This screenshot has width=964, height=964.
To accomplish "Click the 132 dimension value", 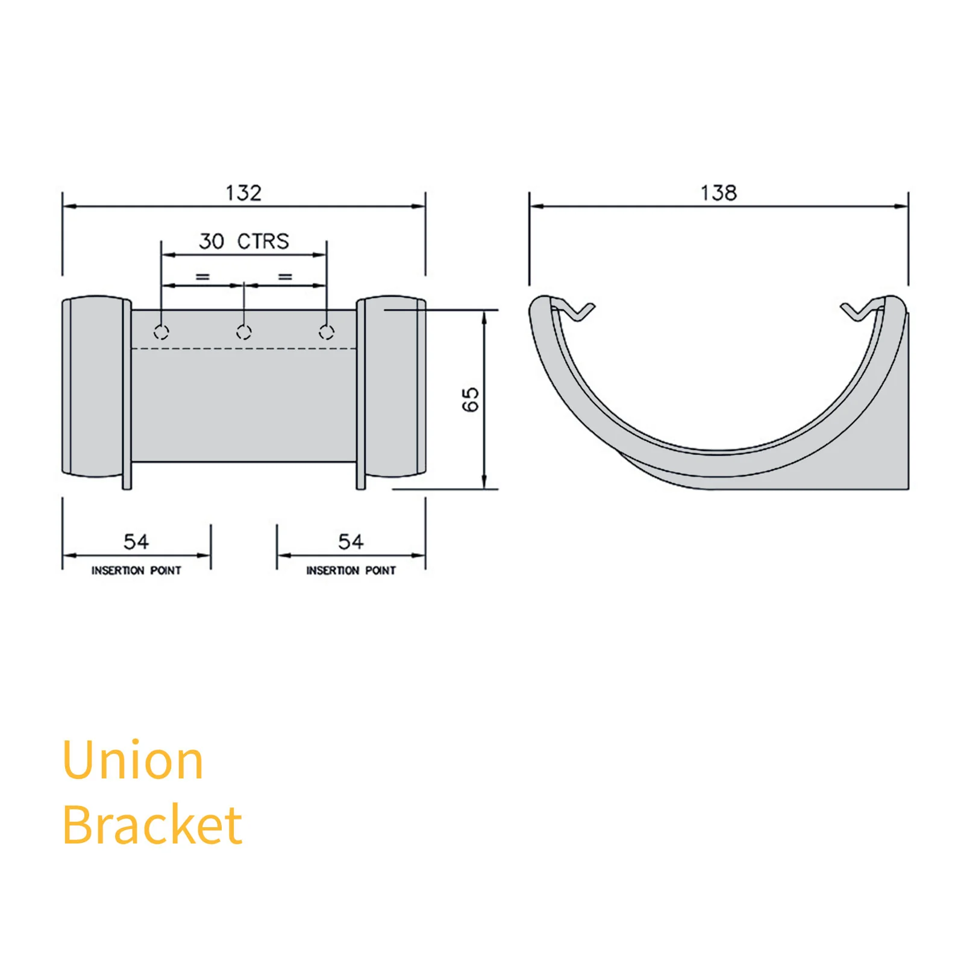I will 243,193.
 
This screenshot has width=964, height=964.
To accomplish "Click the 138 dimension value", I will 718,193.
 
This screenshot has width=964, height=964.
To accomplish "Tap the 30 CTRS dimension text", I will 244,241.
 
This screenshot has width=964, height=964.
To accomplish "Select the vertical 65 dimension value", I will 470,399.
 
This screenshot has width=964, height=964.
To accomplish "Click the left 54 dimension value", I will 136,542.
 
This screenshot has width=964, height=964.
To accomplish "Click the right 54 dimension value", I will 351,542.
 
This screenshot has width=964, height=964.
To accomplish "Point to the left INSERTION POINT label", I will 136,570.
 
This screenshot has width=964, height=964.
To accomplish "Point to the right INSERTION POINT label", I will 351,570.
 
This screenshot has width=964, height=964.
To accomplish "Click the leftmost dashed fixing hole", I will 161,332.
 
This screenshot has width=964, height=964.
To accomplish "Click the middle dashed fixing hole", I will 243,332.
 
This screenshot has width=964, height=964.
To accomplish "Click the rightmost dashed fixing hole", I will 326,332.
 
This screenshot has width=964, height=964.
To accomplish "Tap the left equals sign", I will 202,277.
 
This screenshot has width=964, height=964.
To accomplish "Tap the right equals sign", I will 285,277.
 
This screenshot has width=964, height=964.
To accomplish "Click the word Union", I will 133,760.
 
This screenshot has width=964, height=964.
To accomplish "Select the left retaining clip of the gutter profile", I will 575,311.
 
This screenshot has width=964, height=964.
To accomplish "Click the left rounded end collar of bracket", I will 95,386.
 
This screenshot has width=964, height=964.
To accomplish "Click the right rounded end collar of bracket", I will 392,386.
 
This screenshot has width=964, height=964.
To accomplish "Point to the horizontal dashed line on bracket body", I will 243,348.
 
